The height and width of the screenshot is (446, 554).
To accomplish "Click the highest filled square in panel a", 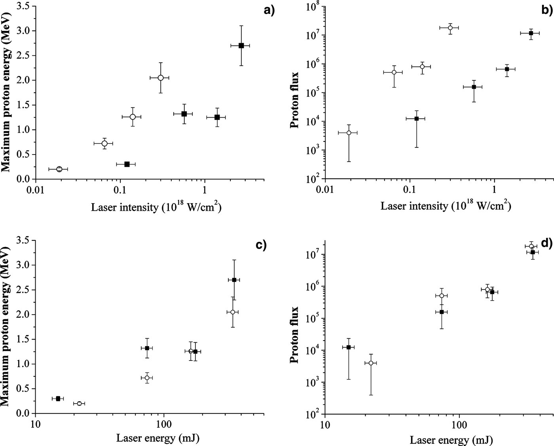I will [x=241, y=46].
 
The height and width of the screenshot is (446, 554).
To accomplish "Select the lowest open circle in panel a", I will [x=59, y=169].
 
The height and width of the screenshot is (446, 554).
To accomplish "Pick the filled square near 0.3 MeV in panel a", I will [x=127, y=164].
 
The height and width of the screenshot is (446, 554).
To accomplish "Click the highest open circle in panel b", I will [x=450, y=28].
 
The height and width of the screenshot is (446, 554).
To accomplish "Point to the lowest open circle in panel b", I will [x=349, y=133].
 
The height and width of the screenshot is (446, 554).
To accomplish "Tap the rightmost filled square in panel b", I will [x=531, y=33].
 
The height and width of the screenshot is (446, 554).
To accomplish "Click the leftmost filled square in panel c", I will [x=58, y=398].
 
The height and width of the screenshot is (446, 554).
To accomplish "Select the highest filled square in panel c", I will [x=234, y=280].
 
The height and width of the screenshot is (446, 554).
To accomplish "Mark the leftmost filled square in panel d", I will [x=349, y=347].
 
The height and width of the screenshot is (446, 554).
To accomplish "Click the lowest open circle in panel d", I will [x=371, y=363].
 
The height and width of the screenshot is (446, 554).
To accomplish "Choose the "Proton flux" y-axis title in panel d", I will [x=294, y=335].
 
